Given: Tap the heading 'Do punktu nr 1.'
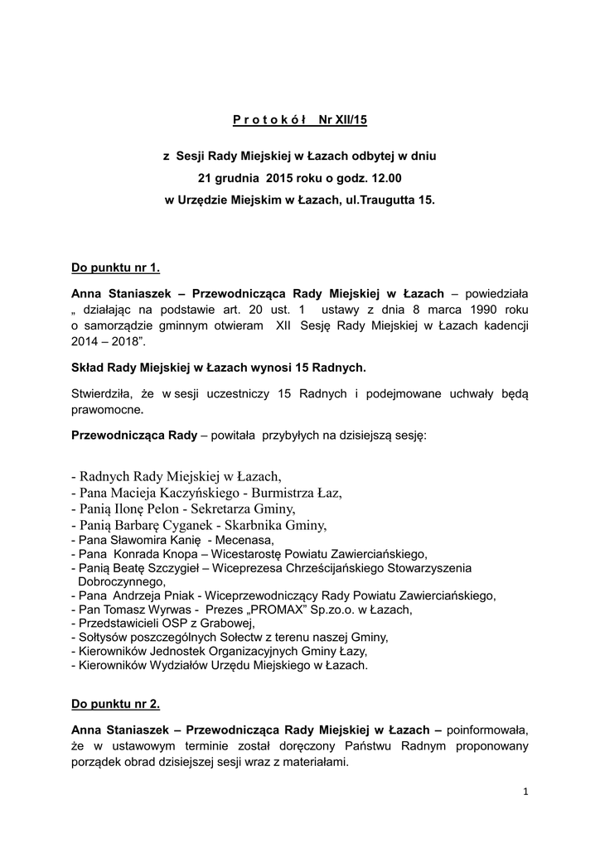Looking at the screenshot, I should (x=115, y=268).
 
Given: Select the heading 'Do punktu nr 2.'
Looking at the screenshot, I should (x=115, y=704).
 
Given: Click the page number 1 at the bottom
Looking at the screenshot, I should (x=525, y=792).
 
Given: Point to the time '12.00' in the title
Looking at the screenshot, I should (x=385, y=177).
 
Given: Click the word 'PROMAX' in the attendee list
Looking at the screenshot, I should (x=268, y=609).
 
